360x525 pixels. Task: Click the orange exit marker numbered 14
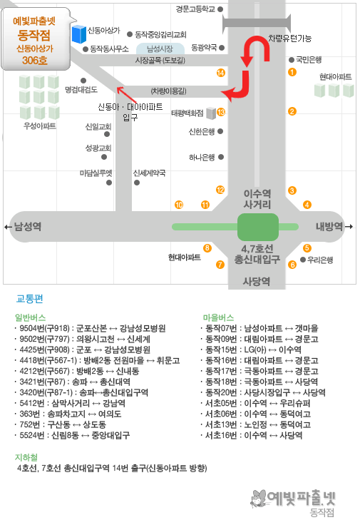click(x=220, y=73)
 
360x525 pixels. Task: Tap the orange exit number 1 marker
click(x=292, y=72)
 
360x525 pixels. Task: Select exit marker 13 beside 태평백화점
click(x=221, y=112)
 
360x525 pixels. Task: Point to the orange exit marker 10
click(x=179, y=205)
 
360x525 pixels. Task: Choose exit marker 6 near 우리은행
click(x=292, y=265)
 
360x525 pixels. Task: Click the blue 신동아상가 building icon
click(x=79, y=34)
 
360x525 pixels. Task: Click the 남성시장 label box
click(x=160, y=49)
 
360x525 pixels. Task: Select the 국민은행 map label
click(x=309, y=60)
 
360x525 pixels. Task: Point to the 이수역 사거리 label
click(x=257, y=199)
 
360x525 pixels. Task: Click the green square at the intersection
click(x=258, y=227)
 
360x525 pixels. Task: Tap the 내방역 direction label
click(x=329, y=227)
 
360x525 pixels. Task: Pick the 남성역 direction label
click(x=28, y=227)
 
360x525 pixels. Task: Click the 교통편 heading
click(x=30, y=299)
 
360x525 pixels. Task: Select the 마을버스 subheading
click(x=218, y=317)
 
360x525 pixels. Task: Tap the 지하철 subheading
click(x=26, y=457)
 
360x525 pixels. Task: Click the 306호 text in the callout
click(x=35, y=60)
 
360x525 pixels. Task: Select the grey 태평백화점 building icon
click(x=211, y=113)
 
